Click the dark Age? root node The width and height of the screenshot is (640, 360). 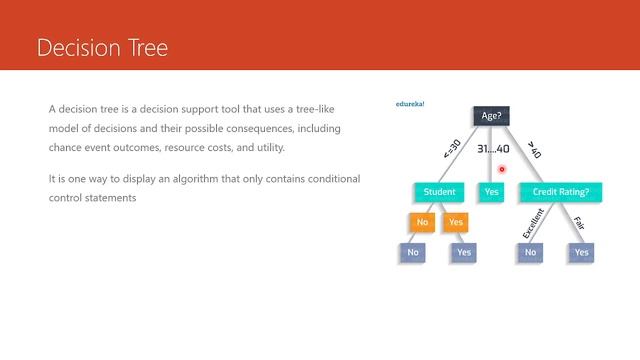(x=491, y=116)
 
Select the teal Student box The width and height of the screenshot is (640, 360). (x=439, y=191)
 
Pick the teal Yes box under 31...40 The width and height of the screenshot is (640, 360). (x=491, y=191)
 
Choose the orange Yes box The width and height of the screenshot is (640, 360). (x=456, y=222)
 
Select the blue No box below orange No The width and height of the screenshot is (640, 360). (x=413, y=253)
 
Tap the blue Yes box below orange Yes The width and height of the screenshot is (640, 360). (x=463, y=253)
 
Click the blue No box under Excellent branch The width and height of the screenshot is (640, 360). (x=531, y=253)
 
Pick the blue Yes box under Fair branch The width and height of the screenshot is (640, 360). (x=581, y=253)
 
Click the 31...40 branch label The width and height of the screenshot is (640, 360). (x=492, y=149)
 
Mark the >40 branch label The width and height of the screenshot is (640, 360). (x=534, y=149)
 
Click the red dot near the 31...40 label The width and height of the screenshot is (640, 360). (x=502, y=169)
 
